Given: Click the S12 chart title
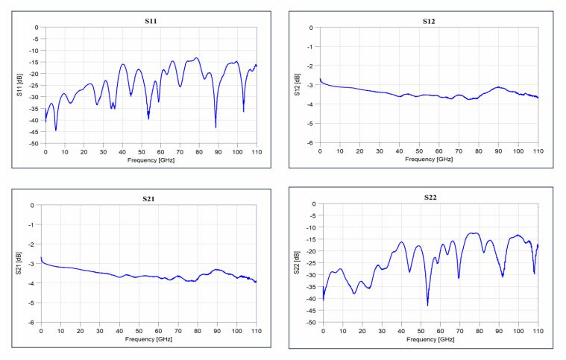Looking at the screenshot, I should click(428, 21).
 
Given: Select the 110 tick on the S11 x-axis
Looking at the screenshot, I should click(257, 151).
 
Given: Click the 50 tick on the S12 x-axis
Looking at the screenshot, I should click(419, 151).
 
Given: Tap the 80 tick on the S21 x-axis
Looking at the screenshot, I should click(197, 330).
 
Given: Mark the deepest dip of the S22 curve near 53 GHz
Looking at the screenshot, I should click(427, 305).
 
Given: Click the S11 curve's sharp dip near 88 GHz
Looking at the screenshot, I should click(216, 127).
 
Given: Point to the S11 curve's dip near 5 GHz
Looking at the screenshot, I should click(55, 130).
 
